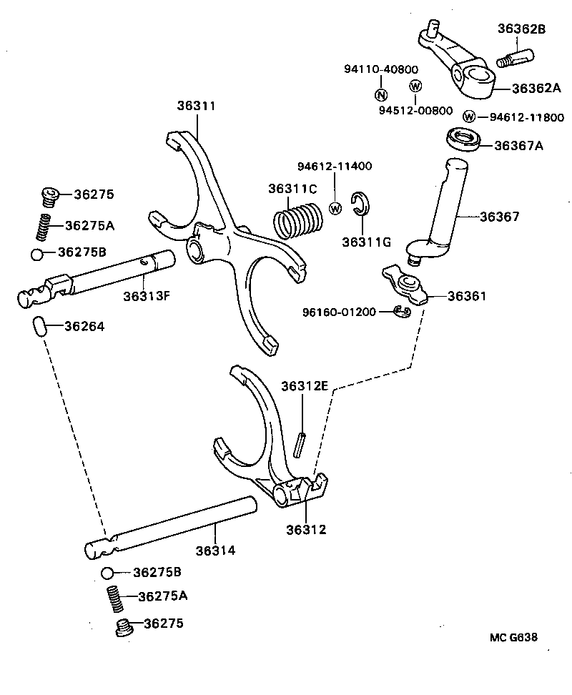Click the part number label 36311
tap(196, 106)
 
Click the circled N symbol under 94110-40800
tap(380, 95)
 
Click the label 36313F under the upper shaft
tap(145, 295)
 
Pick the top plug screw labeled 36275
tap(49, 194)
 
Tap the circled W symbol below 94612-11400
tap(335, 208)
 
